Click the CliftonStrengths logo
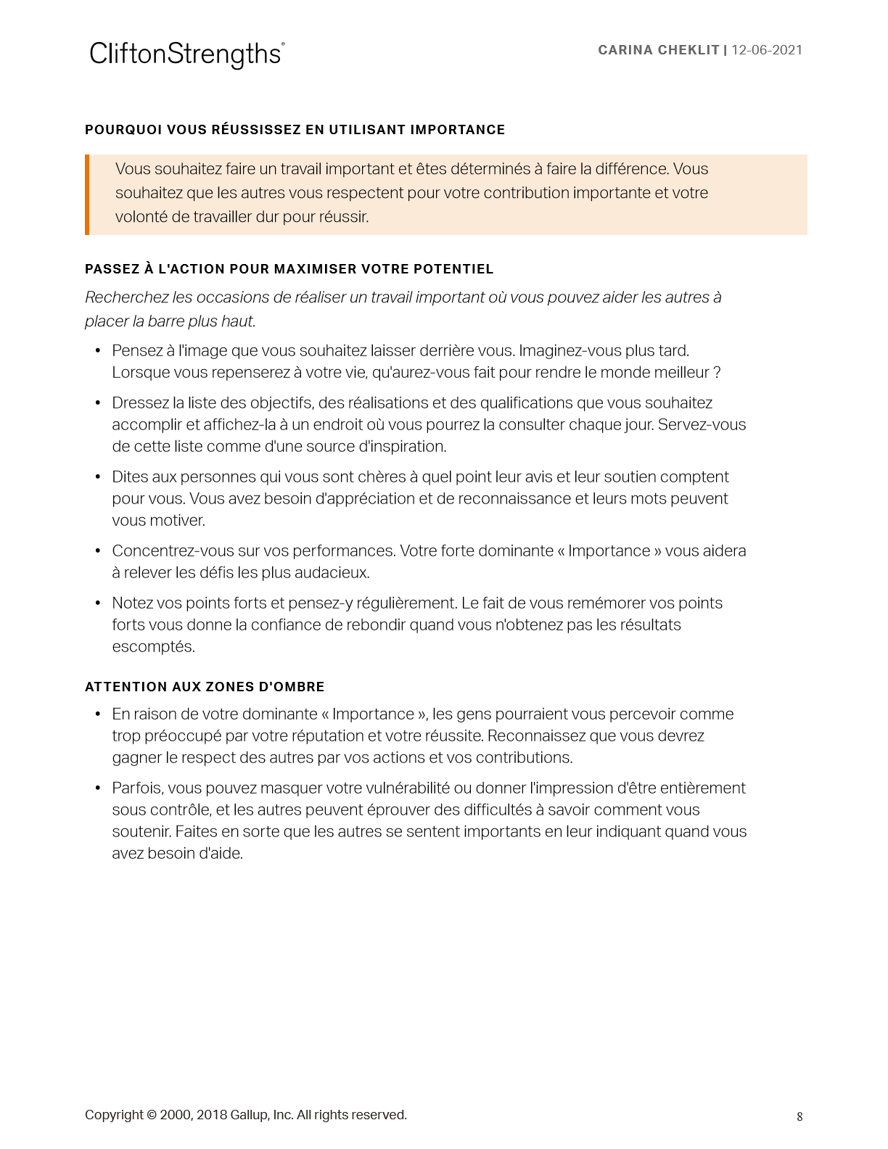(x=186, y=54)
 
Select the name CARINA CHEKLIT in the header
(x=658, y=50)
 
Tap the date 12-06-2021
(x=767, y=50)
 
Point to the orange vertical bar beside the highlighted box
(x=87, y=194)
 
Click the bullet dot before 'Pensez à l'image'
(x=98, y=351)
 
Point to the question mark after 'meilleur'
(x=718, y=373)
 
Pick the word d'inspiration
(x=403, y=447)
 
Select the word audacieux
(x=332, y=573)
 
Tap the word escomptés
(x=153, y=647)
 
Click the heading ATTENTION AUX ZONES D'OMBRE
(x=205, y=687)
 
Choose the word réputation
(x=309, y=736)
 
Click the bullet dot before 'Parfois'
(x=98, y=788)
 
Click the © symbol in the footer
(x=152, y=1116)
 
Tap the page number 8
(x=799, y=1117)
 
